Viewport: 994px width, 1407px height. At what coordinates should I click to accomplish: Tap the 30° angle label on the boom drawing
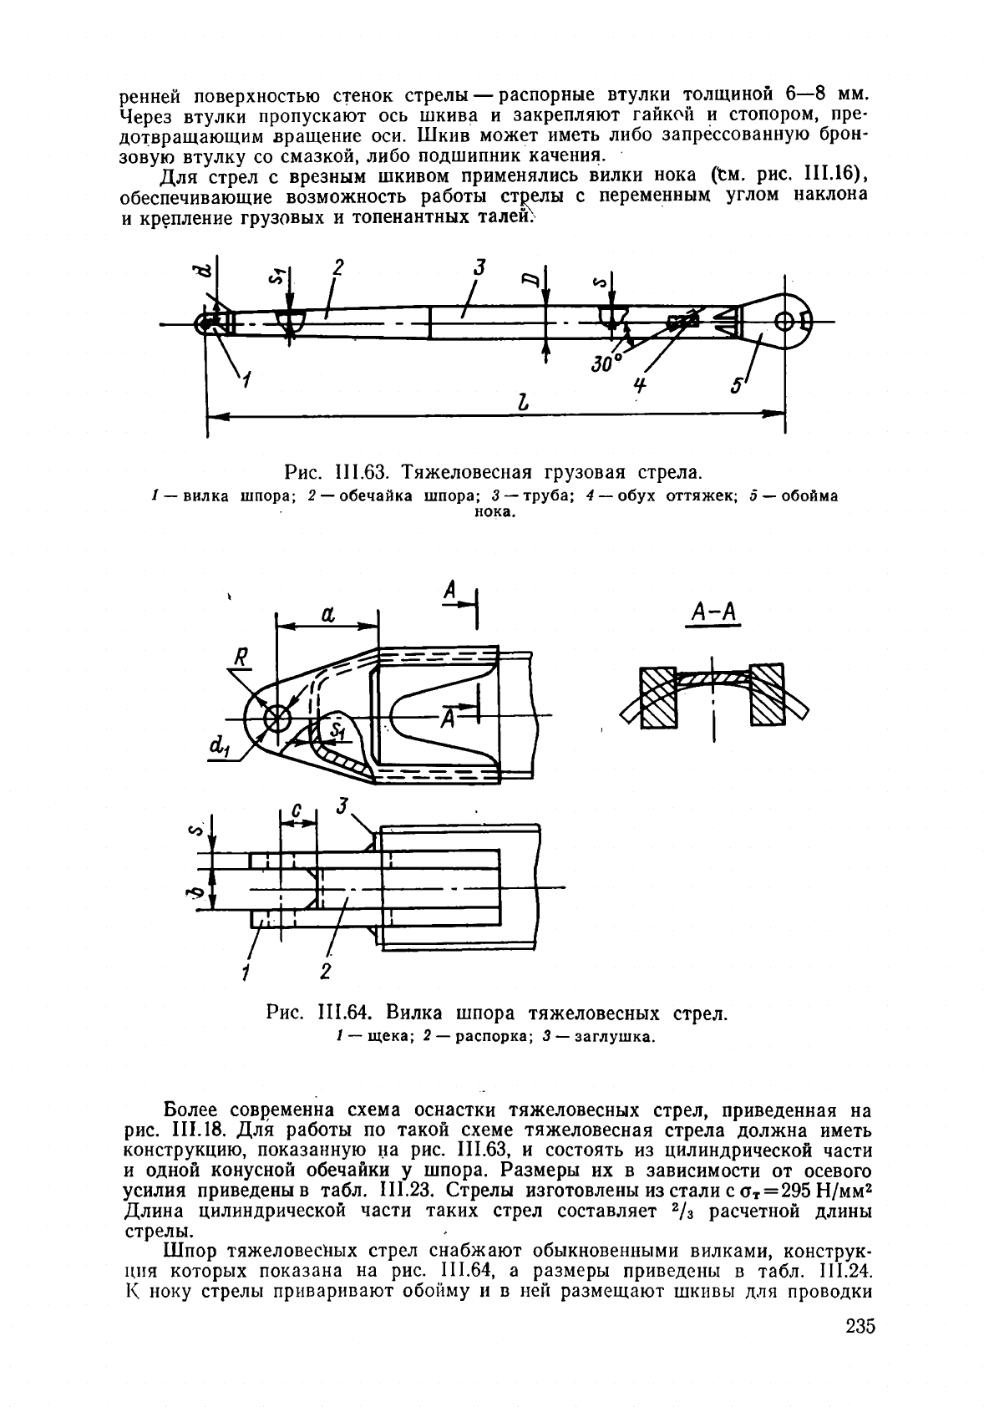pyautogui.click(x=605, y=363)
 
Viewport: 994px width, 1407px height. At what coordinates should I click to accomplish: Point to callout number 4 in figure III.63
pyautogui.click(x=639, y=384)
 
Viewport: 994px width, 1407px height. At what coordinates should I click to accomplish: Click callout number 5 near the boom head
pyautogui.click(x=737, y=384)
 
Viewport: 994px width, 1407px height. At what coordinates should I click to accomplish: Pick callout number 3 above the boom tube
pyautogui.click(x=479, y=267)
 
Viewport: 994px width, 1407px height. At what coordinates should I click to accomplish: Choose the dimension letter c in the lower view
pyautogui.click(x=297, y=813)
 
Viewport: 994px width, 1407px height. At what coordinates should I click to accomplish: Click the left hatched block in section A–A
pyautogui.click(x=659, y=698)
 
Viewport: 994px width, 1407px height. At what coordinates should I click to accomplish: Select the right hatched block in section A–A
pyautogui.click(x=768, y=694)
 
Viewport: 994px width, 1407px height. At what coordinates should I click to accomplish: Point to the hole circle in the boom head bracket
pyautogui.click(x=784, y=322)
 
